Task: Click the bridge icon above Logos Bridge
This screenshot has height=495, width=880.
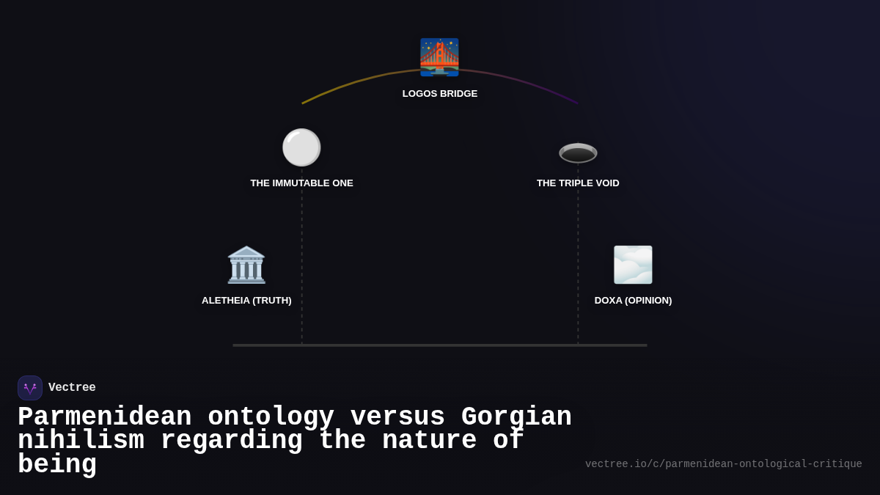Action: [439, 57]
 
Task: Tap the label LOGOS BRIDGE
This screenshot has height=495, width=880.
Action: [440, 94]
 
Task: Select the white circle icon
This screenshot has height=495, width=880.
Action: [301, 147]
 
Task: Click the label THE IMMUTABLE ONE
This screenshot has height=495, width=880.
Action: [301, 183]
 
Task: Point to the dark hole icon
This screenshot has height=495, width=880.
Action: [578, 152]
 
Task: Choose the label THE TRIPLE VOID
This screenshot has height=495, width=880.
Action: [578, 183]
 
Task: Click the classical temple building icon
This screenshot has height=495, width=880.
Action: [246, 265]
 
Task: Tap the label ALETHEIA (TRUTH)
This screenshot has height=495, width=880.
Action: [246, 301]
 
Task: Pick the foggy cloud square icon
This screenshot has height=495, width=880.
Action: [633, 265]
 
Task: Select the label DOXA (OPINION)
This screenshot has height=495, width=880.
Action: [633, 301]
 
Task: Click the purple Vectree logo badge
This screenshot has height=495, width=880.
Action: [30, 388]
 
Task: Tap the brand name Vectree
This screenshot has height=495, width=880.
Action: [72, 388]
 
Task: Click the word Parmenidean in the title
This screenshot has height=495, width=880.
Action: [104, 417]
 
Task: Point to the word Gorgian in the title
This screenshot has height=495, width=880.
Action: [516, 417]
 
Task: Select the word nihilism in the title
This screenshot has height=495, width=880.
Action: [81, 441]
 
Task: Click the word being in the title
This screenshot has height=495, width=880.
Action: [57, 465]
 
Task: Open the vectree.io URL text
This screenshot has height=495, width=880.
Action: [723, 464]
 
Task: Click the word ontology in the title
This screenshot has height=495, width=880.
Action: [271, 417]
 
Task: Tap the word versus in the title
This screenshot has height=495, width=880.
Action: [397, 417]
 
